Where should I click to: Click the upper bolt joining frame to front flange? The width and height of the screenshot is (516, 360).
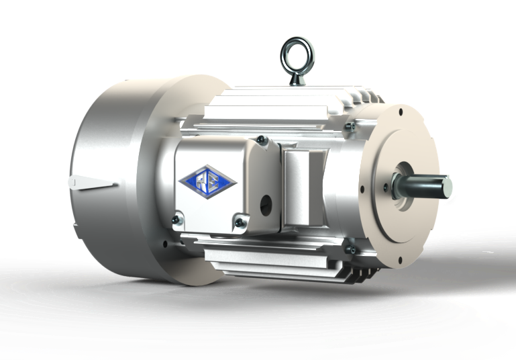[x=350, y=126]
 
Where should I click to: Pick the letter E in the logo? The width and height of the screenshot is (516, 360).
[x=213, y=178]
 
